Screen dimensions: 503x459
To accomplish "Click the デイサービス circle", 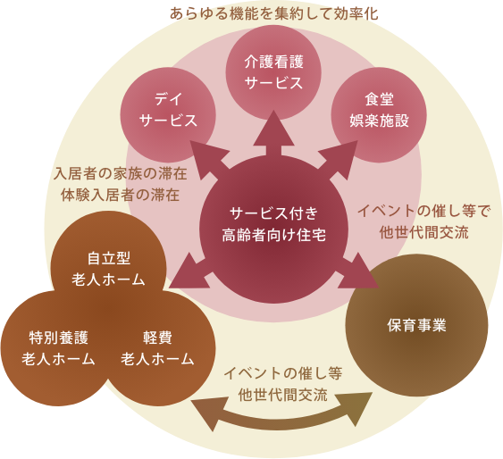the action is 168,114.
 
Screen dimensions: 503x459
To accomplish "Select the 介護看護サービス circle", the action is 273,72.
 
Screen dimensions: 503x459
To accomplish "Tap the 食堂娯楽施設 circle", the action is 379,114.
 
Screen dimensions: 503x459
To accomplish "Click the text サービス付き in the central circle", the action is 273,213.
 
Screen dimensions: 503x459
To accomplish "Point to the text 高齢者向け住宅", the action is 273,235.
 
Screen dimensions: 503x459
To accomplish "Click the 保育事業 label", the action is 416,325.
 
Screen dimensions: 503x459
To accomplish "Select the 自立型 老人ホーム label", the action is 109,269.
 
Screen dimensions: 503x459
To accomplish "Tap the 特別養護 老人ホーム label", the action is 58,348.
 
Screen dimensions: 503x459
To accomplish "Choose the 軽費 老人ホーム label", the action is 157,348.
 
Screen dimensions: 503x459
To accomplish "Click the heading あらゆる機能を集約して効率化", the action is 273,13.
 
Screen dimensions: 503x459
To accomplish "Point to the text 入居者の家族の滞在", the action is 121,174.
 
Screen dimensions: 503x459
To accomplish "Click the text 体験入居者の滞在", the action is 121,195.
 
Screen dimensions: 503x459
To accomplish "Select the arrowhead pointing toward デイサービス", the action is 207,157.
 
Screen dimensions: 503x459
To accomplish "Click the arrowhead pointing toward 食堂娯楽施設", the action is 340,157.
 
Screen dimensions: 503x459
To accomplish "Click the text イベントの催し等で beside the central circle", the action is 424,211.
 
